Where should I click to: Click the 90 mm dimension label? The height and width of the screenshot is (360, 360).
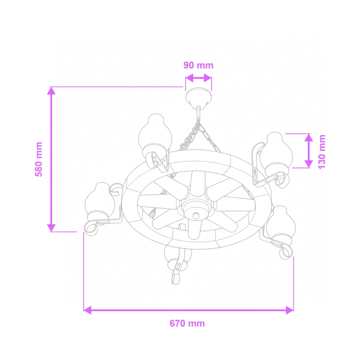click(198, 65)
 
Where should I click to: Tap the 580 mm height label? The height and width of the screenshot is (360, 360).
click(39, 159)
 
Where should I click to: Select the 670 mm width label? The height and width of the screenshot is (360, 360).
click(187, 324)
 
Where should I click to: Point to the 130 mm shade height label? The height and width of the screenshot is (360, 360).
click(322, 151)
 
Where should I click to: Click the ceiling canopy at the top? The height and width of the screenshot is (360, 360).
click(198, 98)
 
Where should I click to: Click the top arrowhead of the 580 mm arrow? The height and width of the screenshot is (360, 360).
click(51, 91)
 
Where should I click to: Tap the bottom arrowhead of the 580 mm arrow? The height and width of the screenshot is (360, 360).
click(51, 227)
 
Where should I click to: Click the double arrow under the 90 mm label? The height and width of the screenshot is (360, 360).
click(198, 78)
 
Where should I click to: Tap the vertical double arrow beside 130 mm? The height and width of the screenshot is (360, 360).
click(308, 151)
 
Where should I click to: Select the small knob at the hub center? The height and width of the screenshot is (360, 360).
click(196, 215)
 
